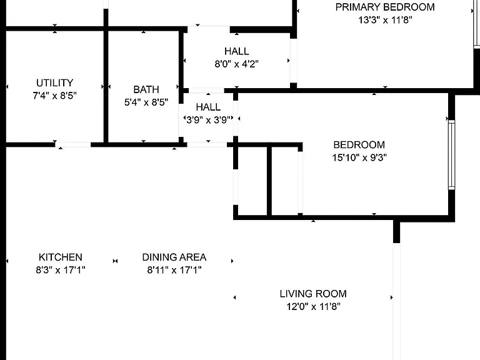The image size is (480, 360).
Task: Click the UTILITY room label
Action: (55, 83)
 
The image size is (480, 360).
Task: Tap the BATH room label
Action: (146, 89)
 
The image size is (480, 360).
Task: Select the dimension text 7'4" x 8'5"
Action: (55, 96)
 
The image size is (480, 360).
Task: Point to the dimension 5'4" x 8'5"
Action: (146, 102)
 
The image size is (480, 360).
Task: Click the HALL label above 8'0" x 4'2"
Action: (237, 51)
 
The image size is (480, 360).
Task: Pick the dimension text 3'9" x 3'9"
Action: (208, 120)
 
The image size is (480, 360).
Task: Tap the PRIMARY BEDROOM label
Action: (385, 7)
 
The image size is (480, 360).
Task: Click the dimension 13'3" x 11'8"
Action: (385, 20)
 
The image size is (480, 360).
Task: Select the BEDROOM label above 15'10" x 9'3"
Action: (359, 145)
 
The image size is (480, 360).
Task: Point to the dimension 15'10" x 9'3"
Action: (359, 157)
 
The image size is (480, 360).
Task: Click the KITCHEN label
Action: (60, 257)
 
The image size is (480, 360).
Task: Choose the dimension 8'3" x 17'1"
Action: (60, 270)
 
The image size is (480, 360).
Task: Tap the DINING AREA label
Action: (174, 257)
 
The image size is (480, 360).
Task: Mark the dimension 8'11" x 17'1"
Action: (174, 270)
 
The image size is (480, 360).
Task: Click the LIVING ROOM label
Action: (313, 294)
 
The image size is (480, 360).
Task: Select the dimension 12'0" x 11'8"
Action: (313, 306)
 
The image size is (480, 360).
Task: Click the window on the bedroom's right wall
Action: (451, 155)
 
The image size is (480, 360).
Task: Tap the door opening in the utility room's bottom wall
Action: (73, 144)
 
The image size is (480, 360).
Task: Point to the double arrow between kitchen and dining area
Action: (115, 261)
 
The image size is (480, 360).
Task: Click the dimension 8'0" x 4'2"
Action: (237, 64)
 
